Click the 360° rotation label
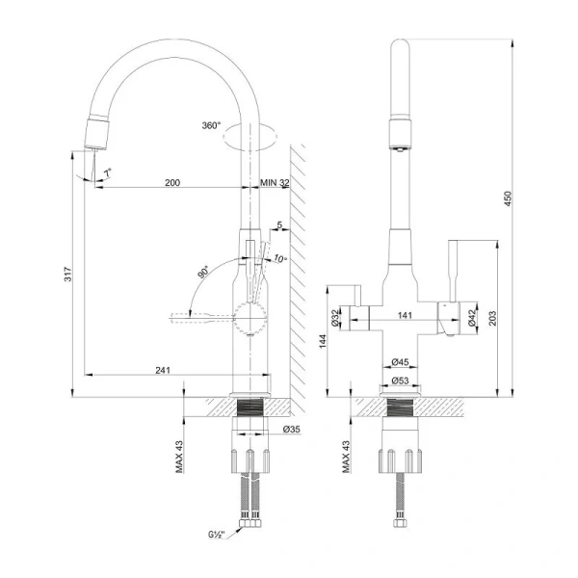(212, 126)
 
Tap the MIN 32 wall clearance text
(276, 181)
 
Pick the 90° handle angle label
(203, 273)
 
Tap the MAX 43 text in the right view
(347, 457)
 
